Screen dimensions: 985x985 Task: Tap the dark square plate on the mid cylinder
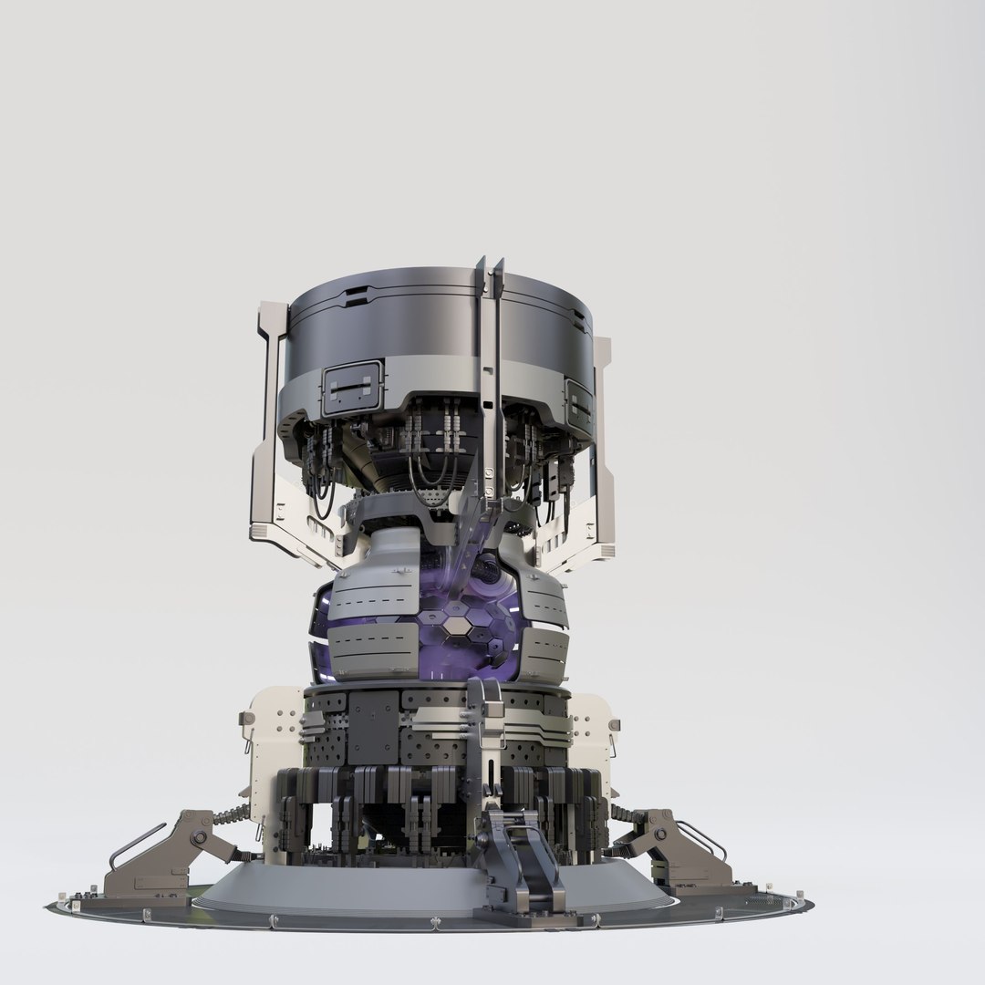(x=373, y=725)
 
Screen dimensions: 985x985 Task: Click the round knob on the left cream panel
(x=246, y=720)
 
